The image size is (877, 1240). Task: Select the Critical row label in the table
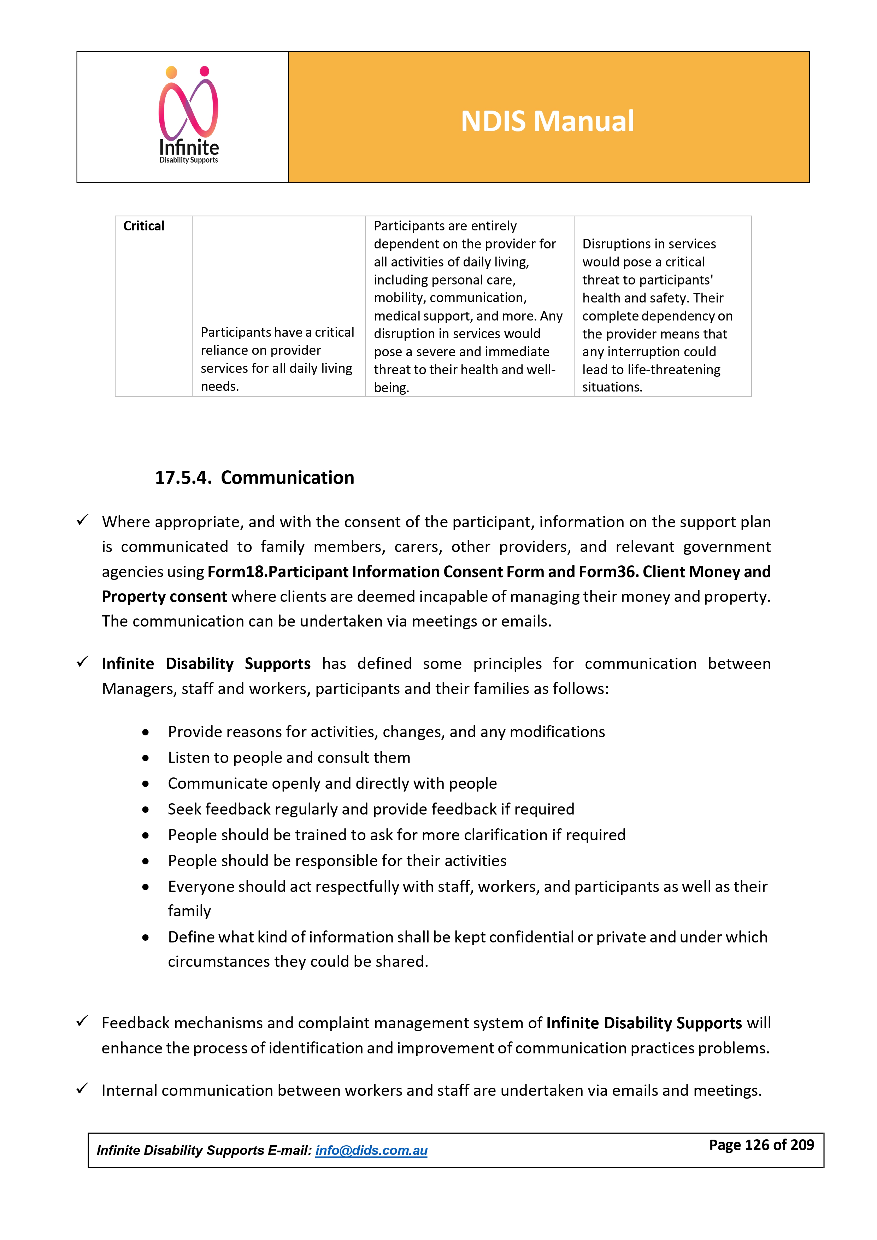[x=144, y=226]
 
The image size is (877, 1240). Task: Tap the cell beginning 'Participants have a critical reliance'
[x=278, y=359]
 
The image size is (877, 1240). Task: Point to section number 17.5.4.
[x=183, y=477]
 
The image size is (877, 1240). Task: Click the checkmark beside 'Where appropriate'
[x=82, y=520]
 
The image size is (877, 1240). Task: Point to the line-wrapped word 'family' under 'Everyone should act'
[x=189, y=911]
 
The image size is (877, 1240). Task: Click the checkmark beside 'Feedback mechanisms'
[x=82, y=1021]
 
